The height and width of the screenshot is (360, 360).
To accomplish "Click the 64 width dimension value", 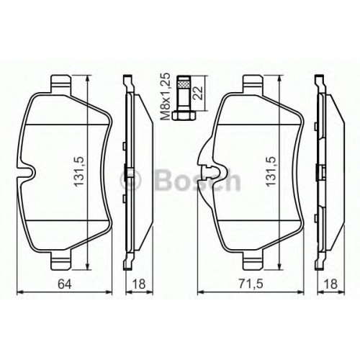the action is [x=65, y=284].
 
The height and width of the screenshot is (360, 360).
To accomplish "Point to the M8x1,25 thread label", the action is [x=166, y=96].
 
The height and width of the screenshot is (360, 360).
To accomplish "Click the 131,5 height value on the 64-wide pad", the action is [x=79, y=171].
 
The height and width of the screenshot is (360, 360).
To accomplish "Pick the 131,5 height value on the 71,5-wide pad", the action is [x=271, y=171].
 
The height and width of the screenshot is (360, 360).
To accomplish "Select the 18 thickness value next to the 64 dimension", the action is [x=139, y=284].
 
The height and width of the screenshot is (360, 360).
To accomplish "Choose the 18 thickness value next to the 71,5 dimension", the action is [x=330, y=284].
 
